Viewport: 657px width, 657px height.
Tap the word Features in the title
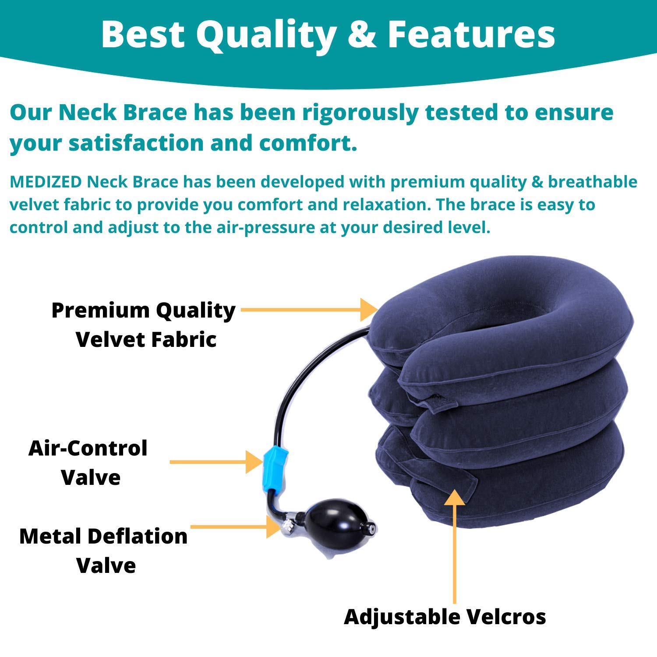(x=471, y=35)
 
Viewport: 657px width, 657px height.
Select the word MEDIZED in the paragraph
(x=46, y=182)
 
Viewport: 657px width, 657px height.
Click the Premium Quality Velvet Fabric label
(x=144, y=325)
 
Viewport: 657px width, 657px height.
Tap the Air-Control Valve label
(x=88, y=463)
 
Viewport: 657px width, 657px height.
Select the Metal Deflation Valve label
(x=104, y=551)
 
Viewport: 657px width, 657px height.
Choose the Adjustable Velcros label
(x=445, y=617)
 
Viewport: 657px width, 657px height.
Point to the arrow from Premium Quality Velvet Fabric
(x=309, y=310)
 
